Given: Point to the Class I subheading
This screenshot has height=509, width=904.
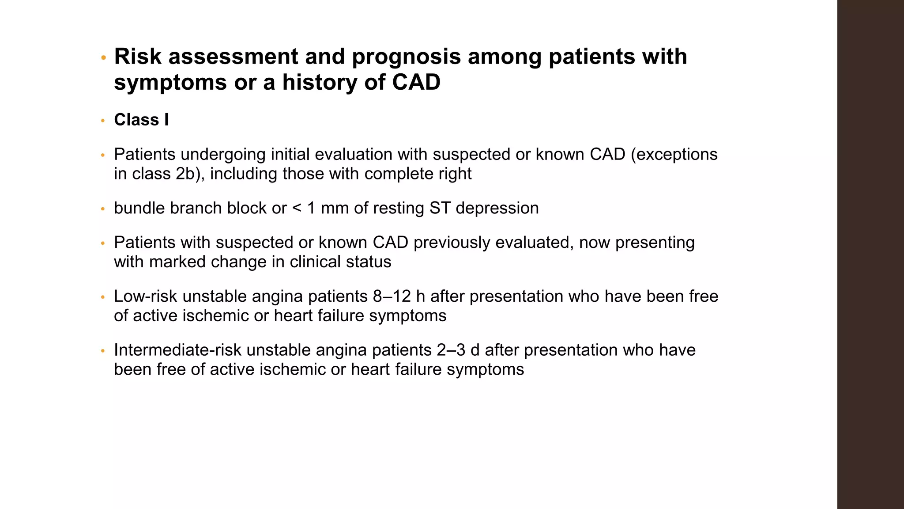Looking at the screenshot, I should tap(141, 120).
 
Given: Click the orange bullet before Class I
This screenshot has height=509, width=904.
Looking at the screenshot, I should tap(103, 121).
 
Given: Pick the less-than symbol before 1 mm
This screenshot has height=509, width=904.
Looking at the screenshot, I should tap(297, 208).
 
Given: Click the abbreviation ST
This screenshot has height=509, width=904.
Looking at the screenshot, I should tap(440, 208).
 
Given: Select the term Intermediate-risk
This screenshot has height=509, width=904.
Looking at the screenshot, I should tap(177, 350).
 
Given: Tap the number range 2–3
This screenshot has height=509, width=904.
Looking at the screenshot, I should tap(451, 350).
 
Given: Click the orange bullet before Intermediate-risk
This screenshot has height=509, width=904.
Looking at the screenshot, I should tap(103, 351).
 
